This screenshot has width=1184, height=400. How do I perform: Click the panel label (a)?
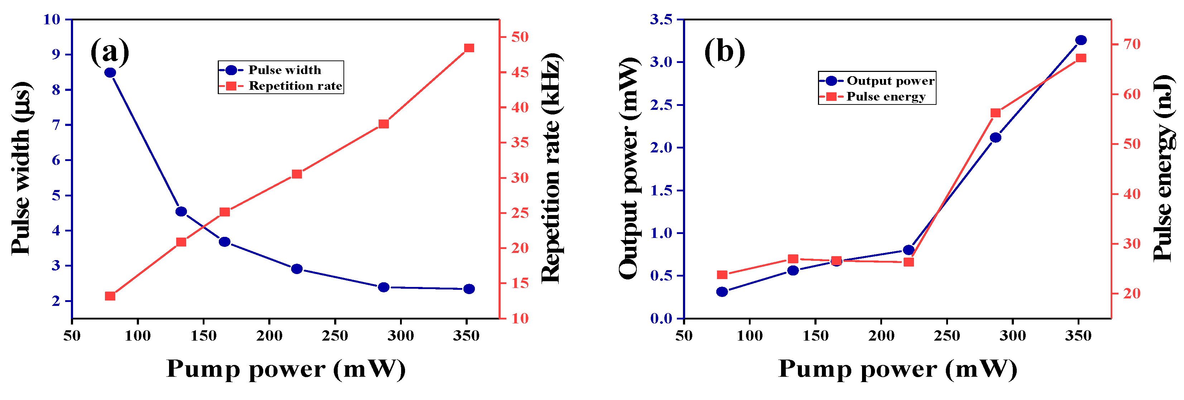click(x=110, y=52)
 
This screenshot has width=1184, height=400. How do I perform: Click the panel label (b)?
click(x=725, y=52)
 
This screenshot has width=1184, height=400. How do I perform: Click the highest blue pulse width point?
click(x=110, y=73)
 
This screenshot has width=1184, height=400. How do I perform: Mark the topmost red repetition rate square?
click(x=469, y=48)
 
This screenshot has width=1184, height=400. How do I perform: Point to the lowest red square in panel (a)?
click(x=110, y=296)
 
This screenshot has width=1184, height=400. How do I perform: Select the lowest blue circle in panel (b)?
click(x=722, y=292)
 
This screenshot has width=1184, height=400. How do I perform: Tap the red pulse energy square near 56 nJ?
click(x=996, y=113)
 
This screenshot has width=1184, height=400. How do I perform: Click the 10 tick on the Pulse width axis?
click(x=52, y=19)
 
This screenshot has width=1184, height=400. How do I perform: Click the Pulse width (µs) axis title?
click(x=21, y=169)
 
